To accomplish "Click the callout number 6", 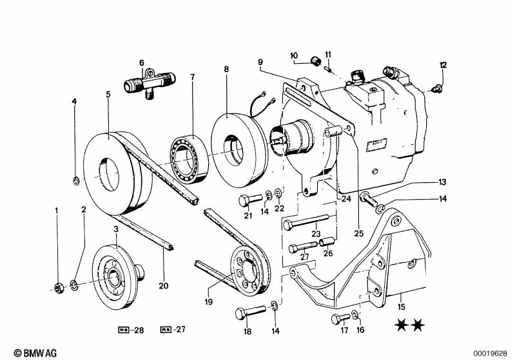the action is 142,62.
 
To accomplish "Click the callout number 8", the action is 226,70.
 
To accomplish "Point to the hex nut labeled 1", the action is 59,288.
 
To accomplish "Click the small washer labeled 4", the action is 76,180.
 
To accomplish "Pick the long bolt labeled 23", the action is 306,221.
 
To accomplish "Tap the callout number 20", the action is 164,285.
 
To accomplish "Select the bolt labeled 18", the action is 250,313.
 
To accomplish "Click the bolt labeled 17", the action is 340,318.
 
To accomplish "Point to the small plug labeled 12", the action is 437,88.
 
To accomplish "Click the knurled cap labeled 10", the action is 315,61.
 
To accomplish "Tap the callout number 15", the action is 402,307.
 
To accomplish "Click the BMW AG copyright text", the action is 35,353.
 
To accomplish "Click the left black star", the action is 402,325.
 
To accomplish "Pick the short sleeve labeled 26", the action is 327,243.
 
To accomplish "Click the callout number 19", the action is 209,301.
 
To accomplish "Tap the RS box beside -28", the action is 124,330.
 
